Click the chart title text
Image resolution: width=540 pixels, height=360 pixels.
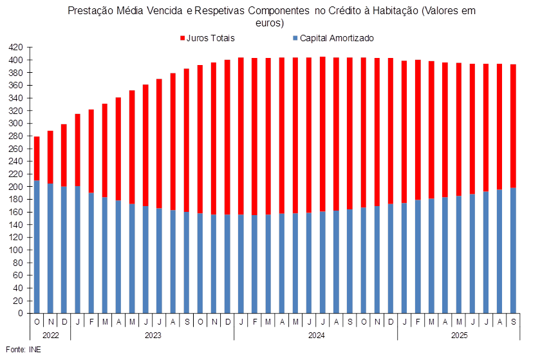(270, 16)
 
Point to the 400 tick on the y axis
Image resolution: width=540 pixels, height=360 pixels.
(17, 60)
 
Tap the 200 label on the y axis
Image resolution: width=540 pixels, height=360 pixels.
(17, 187)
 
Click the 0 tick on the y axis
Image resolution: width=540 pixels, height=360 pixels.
(21, 313)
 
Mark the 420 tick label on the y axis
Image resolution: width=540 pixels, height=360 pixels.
(17, 48)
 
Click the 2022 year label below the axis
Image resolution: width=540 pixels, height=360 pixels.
(50, 335)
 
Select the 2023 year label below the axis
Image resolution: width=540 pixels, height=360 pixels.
(153, 335)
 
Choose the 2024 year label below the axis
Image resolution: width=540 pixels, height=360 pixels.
(315, 335)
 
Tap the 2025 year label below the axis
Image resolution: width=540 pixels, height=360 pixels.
(458, 335)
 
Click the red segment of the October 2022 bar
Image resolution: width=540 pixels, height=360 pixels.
(37, 158)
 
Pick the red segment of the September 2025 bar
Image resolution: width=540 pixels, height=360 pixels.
(513, 126)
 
